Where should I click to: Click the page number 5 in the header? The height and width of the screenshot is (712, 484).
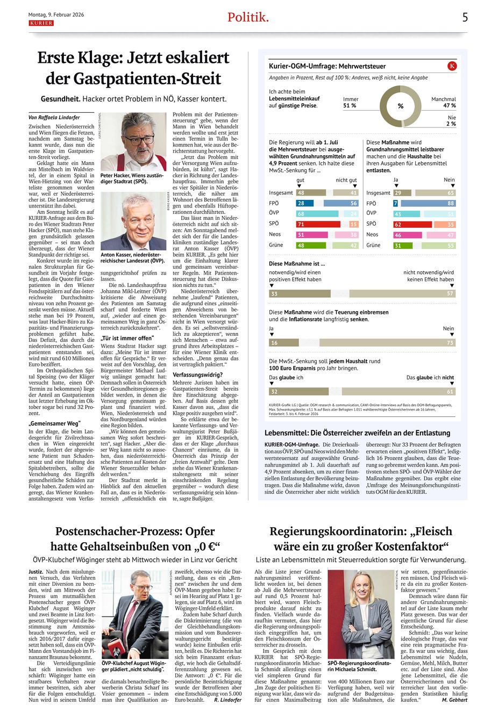(465, 17)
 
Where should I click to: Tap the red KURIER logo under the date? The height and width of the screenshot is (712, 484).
(41, 24)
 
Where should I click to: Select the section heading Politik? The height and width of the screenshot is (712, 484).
(248, 17)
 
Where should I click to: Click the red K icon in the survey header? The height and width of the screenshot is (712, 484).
(452, 66)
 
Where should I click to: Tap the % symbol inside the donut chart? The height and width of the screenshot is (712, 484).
(401, 106)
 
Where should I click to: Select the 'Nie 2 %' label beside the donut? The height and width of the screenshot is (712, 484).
(451, 120)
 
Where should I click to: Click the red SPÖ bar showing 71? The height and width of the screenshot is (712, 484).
(318, 224)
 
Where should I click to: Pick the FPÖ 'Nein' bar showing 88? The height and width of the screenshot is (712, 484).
(428, 204)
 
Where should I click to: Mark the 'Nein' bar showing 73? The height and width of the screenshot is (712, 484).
(387, 342)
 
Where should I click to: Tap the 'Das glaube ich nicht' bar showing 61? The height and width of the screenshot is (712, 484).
(398, 392)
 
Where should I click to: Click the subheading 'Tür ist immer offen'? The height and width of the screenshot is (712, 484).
(126, 339)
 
